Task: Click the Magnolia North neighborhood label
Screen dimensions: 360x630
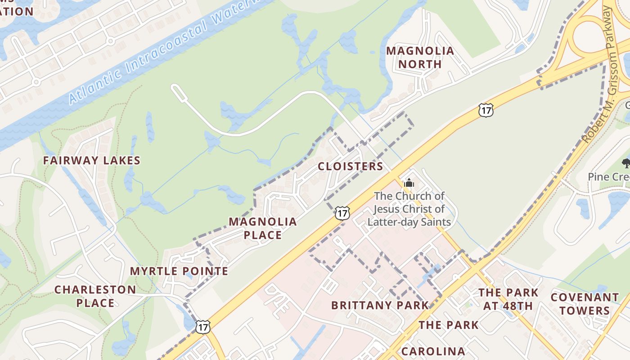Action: click(x=420, y=58)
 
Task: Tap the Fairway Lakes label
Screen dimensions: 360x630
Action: click(x=92, y=160)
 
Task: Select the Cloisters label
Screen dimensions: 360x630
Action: click(x=351, y=166)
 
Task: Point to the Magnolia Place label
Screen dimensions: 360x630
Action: click(x=263, y=228)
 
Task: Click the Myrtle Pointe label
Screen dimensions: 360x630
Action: click(x=179, y=271)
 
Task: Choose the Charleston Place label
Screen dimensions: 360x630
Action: click(x=95, y=296)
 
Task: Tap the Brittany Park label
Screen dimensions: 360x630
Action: click(x=380, y=305)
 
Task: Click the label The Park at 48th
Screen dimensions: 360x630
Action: click(x=508, y=299)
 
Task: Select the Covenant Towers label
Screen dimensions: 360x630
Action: click(x=585, y=304)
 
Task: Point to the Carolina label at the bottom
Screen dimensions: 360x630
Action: click(x=433, y=351)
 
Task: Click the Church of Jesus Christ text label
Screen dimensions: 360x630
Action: click(x=409, y=209)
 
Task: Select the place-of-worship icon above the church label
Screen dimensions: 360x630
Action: click(x=409, y=183)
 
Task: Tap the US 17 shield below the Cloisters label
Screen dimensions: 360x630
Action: click(x=342, y=213)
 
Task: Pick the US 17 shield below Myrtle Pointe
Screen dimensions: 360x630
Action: click(x=203, y=327)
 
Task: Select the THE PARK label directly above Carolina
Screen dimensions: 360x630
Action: click(x=449, y=325)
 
